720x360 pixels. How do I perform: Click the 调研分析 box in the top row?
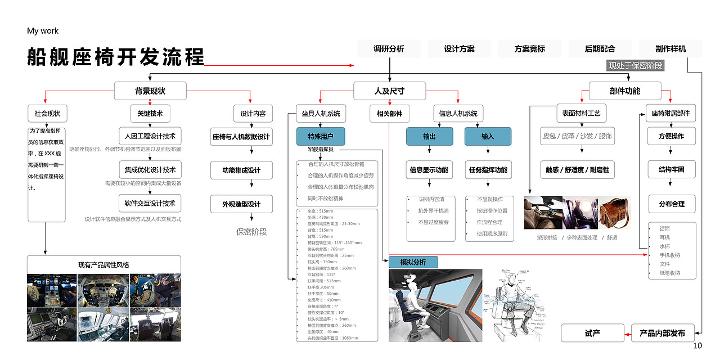pyautogui.click(x=389, y=49)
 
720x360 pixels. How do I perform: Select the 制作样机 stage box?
pyautogui.click(x=670, y=49)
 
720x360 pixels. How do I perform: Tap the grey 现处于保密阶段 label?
pyautogui.click(x=636, y=66)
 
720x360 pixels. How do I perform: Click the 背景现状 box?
pyautogui.click(x=150, y=91)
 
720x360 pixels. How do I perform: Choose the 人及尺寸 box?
pyautogui.click(x=389, y=91)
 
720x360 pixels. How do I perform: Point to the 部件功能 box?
pyautogui.click(x=624, y=91)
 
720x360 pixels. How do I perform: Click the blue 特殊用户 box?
pyautogui.click(x=321, y=136)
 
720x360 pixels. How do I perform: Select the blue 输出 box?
pyautogui.click(x=430, y=136)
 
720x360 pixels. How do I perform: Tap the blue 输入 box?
pyautogui.click(x=488, y=136)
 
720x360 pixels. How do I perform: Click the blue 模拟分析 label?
pyautogui.click(x=413, y=262)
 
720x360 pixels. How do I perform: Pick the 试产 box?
pyautogui.click(x=592, y=333)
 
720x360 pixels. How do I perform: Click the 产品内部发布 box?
pyautogui.click(x=663, y=333)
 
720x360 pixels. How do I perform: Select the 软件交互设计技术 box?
pyautogui.click(x=150, y=203)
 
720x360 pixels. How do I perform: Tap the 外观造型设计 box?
pyautogui.click(x=241, y=204)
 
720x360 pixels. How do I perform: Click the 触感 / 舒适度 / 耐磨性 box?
pyautogui.click(x=577, y=169)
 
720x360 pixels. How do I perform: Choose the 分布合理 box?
pyautogui.click(x=672, y=204)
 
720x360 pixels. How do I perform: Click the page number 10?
pyautogui.click(x=697, y=346)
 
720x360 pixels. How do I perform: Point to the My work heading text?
pyautogui.click(x=43, y=31)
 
